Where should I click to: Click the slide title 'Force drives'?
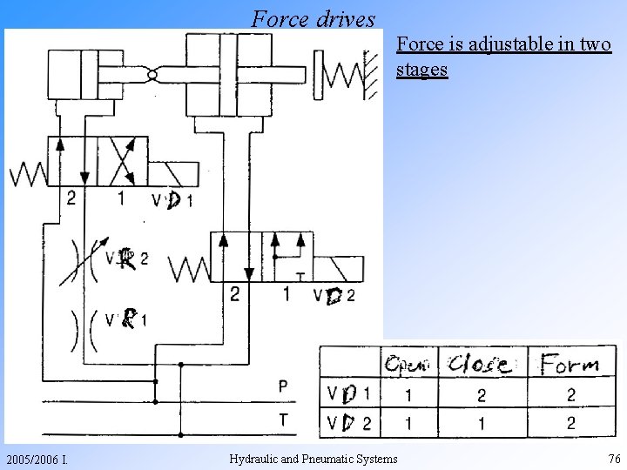click(x=313, y=17)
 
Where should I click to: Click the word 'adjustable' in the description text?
click(x=511, y=44)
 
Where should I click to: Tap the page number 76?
click(x=614, y=459)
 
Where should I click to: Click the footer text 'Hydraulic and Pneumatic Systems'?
click(x=313, y=459)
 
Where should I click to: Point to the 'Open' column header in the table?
click(x=408, y=364)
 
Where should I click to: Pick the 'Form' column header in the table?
click(x=570, y=364)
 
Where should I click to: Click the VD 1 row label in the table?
click(x=348, y=394)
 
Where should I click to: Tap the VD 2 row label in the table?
click(x=348, y=423)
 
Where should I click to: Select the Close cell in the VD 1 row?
click(x=482, y=394)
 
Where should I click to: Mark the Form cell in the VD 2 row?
click(x=570, y=423)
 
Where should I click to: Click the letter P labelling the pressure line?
click(x=284, y=385)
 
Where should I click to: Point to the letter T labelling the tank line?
click(x=284, y=420)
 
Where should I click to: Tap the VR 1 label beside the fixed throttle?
click(x=125, y=320)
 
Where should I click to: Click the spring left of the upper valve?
click(x=29, y=175)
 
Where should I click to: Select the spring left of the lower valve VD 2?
click(x=190, y=268)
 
